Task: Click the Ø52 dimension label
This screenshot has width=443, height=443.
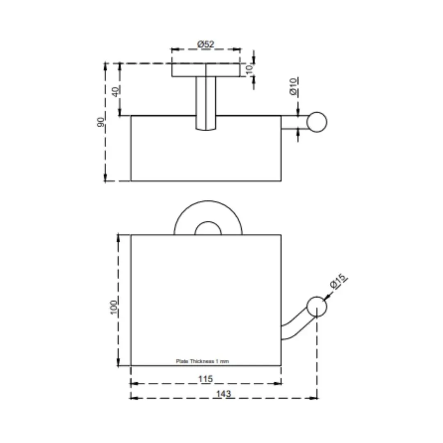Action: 206,44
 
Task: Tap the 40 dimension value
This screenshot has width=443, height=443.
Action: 116,91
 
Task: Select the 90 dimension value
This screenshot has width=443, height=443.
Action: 100,122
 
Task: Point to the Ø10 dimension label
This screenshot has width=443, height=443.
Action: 294,87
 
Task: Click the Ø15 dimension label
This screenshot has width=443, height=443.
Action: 338,281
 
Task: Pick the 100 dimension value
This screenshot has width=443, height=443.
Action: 113,307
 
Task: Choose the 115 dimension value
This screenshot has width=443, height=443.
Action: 206,379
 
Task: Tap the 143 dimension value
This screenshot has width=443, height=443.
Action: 224,393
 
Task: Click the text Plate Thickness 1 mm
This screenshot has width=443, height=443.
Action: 202,361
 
